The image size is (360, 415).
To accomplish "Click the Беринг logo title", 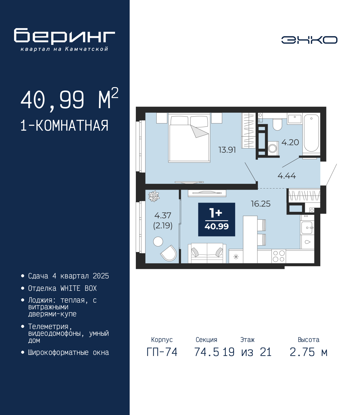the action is coord(64,36).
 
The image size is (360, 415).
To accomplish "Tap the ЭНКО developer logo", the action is coord(309,40).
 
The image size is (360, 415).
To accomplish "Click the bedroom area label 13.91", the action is coord(227,150).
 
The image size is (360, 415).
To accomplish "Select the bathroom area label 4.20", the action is coord(290,142).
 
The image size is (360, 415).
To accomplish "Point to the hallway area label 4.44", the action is coord(287,176).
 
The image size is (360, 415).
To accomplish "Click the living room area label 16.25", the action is coord(260,204).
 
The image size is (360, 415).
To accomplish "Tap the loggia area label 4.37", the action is coord(163,216).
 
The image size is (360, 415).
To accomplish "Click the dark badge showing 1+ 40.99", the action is coord(217,219).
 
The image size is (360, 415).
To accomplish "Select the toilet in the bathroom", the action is coord(277,124).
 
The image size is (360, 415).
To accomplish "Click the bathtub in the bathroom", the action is coord(311,133).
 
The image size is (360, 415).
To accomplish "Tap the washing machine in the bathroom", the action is coord(273,148).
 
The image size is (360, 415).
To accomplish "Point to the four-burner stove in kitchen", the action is coord(279,256).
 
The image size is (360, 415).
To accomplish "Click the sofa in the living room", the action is coord(207,253).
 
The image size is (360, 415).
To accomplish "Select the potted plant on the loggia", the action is coord(154,196).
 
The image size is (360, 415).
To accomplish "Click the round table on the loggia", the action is coord(158,241).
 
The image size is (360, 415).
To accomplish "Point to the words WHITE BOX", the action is coord(78,288).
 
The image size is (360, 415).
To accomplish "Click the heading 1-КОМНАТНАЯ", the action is coord(64,126).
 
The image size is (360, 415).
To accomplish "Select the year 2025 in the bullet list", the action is coord(101,276).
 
